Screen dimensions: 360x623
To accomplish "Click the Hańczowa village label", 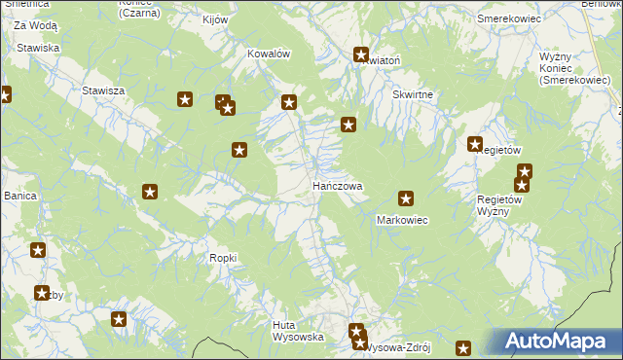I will (337, 185).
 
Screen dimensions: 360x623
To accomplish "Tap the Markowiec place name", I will (402, 220).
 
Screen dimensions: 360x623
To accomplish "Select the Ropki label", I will (223, 257).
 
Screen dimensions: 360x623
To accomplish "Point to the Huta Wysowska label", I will (297, 331).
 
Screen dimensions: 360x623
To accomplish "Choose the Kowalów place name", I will (270, 54).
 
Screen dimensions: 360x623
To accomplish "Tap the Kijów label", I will (214, 19).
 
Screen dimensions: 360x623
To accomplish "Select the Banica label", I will (19, 196).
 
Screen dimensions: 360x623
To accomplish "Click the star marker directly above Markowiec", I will (406, 198).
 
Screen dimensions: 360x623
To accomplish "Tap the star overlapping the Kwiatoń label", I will (361, 55).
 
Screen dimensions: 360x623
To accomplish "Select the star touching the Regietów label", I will (475, 144).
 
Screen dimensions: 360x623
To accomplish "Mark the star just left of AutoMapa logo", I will (463, 347).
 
